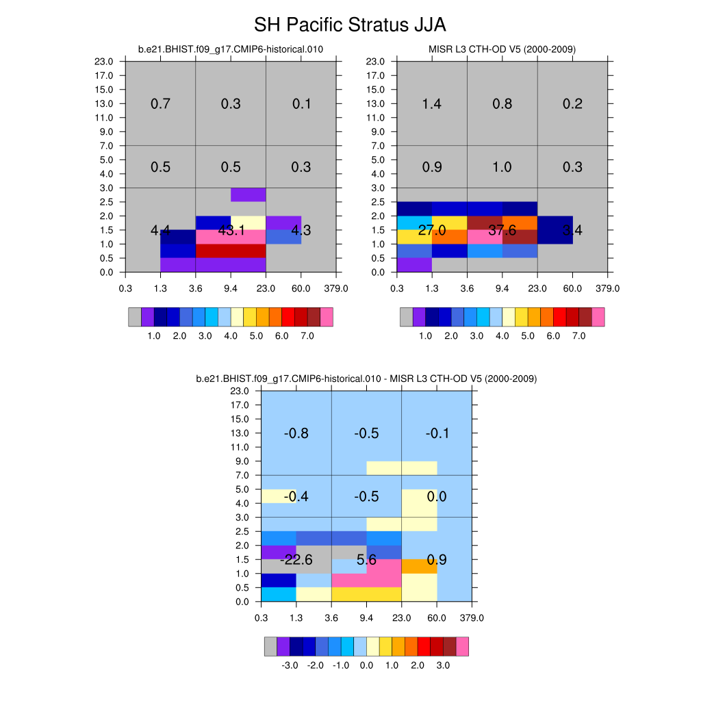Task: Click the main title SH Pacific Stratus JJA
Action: [x=350, y=25]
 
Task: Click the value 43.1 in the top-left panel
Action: [x=231, y=231]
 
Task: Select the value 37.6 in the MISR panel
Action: [x=502, y=231]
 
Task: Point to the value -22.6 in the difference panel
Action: [x=296, y=560]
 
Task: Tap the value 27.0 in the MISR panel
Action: [x=432, y=231]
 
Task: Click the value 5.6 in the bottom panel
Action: [x=367, y=560]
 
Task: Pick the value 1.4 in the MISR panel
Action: [x=432, y=104]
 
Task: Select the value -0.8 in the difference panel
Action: [x=296, y=433]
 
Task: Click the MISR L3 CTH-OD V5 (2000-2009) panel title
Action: [x=502, y=49]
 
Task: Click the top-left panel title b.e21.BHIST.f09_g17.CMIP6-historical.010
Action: [x=231, y=49]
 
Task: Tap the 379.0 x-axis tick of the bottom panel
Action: [x=472, y=618]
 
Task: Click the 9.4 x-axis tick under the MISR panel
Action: [x=502, y=288]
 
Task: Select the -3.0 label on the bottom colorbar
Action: [x=290, y=665]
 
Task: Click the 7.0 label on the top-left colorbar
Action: [x=307, y=336]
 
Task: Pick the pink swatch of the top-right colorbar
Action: [x=598, y=317]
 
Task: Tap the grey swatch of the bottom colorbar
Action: [x=270, y=646]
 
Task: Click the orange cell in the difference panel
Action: [x=419, y=566]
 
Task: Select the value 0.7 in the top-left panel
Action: [x=160, y=104]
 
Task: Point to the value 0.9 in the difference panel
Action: [x=437, y=560]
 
